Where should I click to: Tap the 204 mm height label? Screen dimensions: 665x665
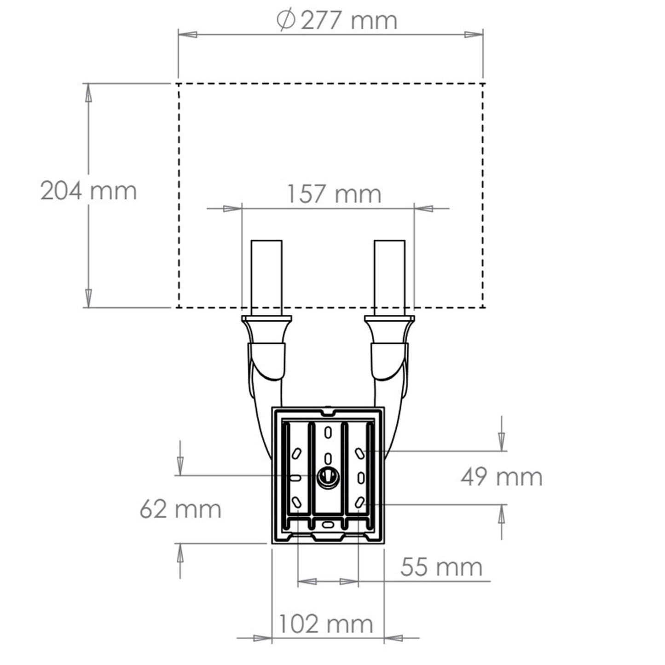click(89, 191)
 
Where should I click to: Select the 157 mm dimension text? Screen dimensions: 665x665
click(335, 194)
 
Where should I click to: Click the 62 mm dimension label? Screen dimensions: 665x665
click(180, 509)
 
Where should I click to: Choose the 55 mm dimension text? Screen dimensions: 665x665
click(441, 567)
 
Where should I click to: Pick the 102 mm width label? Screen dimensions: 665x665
click(326, 625)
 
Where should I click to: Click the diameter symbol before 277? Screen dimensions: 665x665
click(286, 19)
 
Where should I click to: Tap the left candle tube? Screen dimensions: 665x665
click(266, 278)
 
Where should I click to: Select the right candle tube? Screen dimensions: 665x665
click(390, 278)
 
